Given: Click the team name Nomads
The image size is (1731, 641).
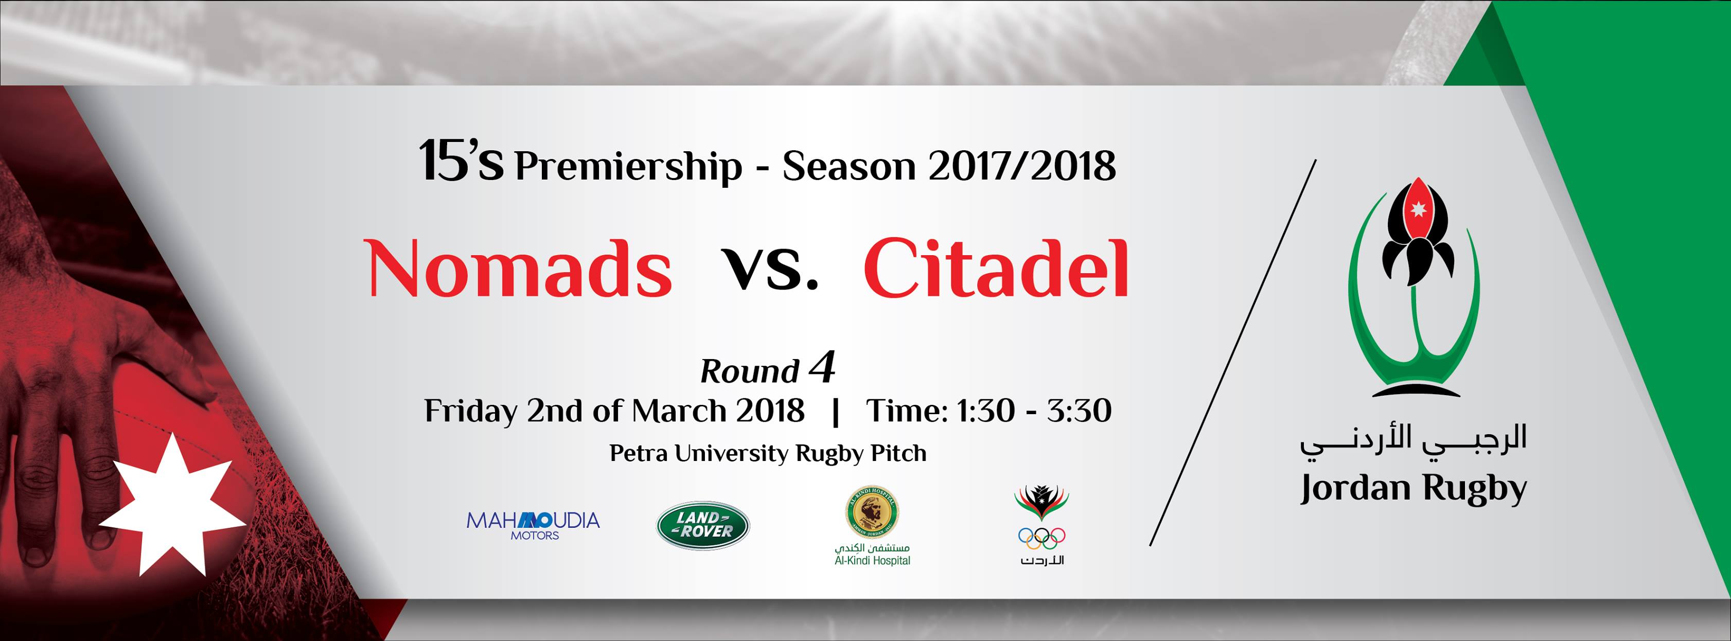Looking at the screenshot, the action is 519,268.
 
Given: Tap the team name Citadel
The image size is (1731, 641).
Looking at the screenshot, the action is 995,268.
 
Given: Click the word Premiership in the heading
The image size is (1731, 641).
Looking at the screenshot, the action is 628,167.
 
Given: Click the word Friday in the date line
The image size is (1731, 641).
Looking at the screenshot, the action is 471,411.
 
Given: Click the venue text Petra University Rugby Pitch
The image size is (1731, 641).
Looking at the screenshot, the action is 768,454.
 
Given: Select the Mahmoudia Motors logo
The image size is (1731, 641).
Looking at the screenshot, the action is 533,525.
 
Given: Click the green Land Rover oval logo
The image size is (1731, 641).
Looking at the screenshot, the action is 703,525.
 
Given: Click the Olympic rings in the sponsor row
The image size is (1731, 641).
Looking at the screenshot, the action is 1041,538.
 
